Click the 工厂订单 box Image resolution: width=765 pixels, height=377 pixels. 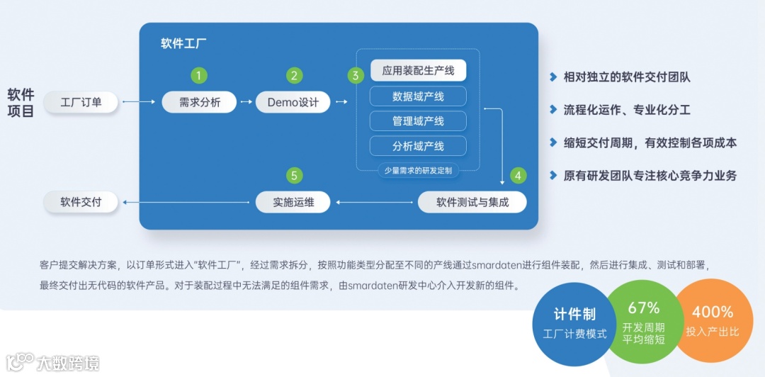[x=81, y=102]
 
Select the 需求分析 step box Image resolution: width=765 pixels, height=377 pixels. [x=200, y=102]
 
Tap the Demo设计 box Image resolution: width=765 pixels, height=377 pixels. [x=293, y=102]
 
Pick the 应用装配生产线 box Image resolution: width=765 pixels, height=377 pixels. [x=418, y=70]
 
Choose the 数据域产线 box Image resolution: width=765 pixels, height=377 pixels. [x=418, y=96]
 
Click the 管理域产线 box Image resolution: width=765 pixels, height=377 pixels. [x=418, y=121]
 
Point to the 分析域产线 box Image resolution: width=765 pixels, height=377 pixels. [x=418, y=146]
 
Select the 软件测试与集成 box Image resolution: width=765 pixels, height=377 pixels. [x=472, y=202]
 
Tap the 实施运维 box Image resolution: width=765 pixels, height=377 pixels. [x=293, y=202]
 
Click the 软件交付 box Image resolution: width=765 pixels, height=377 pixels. [x=81, y=202]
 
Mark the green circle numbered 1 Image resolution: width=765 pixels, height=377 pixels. [x=200, y=75]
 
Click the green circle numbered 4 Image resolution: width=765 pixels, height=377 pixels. [x=518, y=175]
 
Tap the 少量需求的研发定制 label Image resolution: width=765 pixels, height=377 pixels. [x=418, y=171]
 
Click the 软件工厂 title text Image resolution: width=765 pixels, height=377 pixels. [x=183, y=43]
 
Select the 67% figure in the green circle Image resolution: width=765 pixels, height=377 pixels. [x=643, y=308]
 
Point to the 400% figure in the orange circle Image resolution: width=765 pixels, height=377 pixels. [x=713, y=312]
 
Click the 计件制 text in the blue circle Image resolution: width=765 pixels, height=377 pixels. [x=574, y=315]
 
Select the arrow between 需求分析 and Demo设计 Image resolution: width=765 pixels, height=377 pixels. [x=246, y=102]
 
